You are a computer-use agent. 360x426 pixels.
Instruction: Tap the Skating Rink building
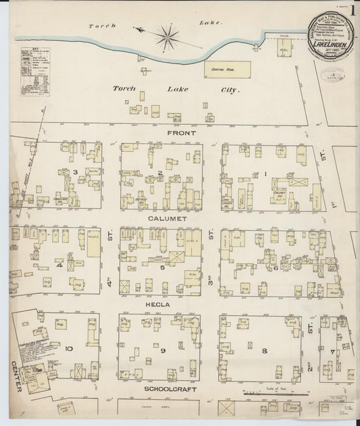(x=227, y=69)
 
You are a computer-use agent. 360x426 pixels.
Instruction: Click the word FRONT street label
(x=181, y=134)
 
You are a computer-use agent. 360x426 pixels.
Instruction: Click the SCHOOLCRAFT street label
(x=164, y=390)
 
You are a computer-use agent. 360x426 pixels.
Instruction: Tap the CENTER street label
(x=17, y=379)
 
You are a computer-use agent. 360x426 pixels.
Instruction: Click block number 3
(x=76, y=172)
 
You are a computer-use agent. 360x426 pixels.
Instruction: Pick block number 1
(x=266, y=174)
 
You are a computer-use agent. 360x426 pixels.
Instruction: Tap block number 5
(x=163, y=267)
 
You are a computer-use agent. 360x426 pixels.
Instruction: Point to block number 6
(x=276, y=267)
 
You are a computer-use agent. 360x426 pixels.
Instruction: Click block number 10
(x=68, y=348)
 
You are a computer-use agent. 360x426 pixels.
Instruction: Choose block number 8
(x=265, y=350)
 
